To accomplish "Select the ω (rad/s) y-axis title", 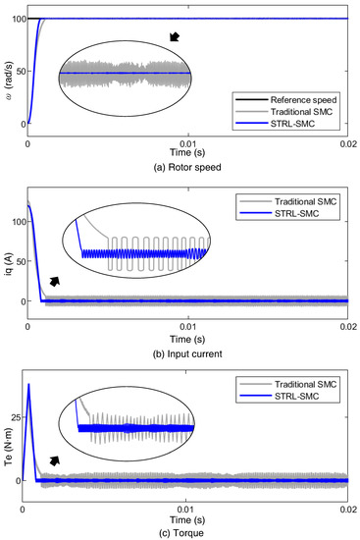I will [x=7, y=71].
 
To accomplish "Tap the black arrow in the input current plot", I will [x=55, y=282].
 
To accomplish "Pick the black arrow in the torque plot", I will [x=55, y=459].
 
